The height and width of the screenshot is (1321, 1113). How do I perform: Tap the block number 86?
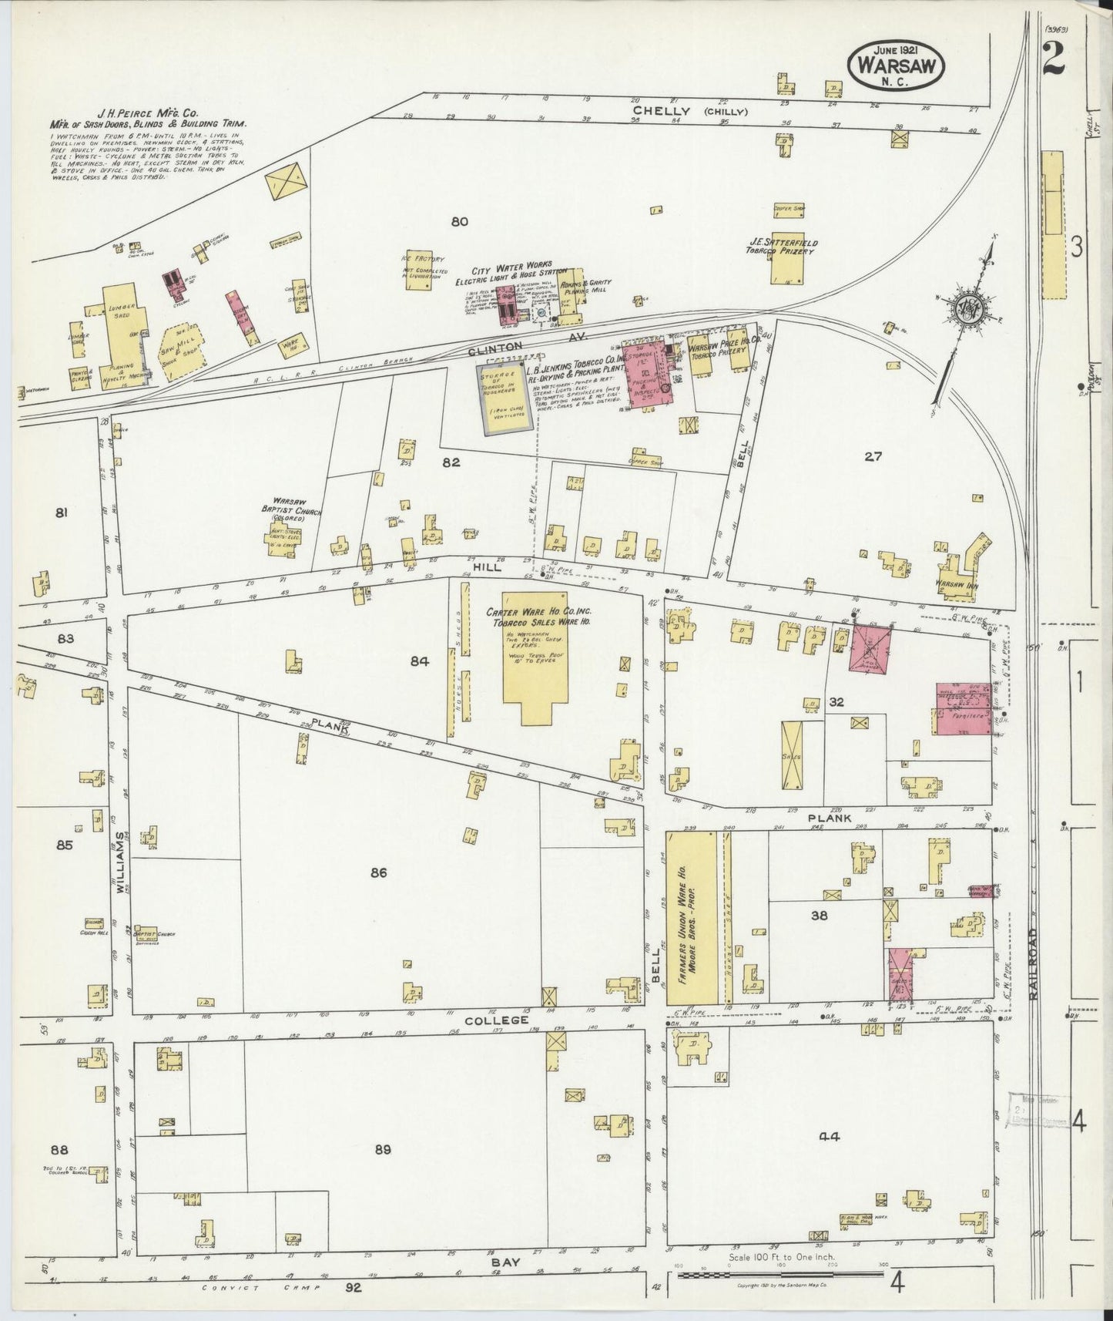[377, 872]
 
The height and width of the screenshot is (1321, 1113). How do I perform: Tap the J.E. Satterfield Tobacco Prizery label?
[781, 246]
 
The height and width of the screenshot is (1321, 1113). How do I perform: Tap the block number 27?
[872, 456]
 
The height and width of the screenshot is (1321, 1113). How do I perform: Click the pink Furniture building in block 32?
[963, 708]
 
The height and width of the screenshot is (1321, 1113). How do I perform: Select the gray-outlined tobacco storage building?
[505, 398]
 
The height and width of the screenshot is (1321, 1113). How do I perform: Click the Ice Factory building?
[419, 275]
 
